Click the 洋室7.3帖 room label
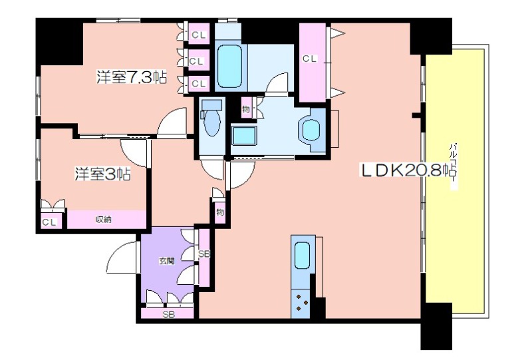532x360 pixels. (x=132, y=77)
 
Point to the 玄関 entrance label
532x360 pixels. (x=167, y=261)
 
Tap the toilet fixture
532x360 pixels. (x=211, y=118)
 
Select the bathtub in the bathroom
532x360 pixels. (x=229, y=67)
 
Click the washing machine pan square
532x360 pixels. (x=243, y=135)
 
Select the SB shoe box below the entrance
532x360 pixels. (x=168, y=313)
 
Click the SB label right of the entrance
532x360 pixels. (x=204, y=254)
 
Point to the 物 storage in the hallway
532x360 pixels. (x=219, y=212)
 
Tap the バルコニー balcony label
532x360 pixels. (x=454, y=166)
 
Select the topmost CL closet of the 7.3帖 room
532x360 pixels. (x=198, y=34)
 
